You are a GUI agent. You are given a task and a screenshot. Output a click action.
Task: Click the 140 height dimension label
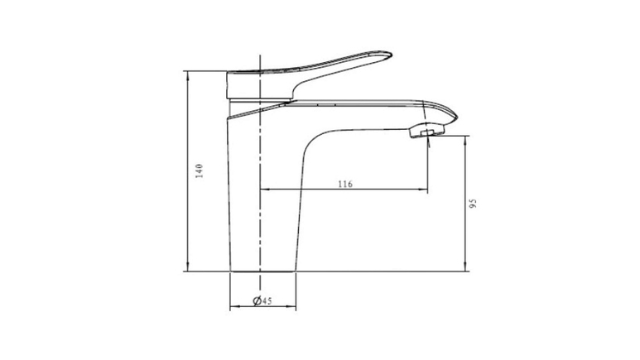pos(199,171)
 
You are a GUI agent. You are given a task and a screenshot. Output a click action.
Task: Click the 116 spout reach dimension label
pos(345,184)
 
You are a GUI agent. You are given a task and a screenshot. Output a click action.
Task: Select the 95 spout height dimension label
pos(473,204)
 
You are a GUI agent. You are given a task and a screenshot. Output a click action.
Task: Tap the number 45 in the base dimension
pos(267,301)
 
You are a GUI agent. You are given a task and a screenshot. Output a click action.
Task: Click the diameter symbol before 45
pos(257,301)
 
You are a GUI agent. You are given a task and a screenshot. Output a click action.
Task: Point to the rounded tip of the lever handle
pos(389,55)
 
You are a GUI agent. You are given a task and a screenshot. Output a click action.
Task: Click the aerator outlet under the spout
pos(427,132)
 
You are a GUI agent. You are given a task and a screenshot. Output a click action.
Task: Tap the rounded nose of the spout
pos(455,118)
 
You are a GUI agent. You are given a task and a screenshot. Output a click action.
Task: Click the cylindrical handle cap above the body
pos(258,85)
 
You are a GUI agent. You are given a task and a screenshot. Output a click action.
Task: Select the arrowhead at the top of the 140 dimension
pos(187,74)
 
